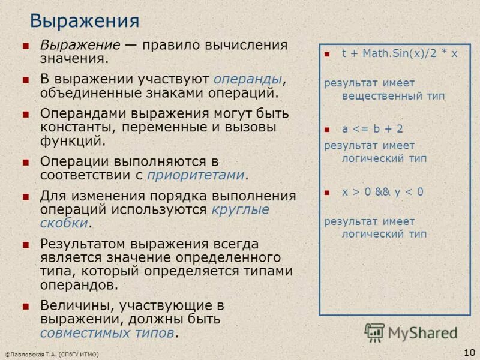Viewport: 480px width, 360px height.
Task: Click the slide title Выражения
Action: pyautogui.click(x=85, y=21)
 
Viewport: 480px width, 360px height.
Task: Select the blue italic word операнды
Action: pyautogui.click(x=248, y=79)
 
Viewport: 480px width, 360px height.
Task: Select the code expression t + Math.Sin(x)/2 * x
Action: pyautogui.click(x=400, y=53)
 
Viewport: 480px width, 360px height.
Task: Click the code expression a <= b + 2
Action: pyautogui.click(x=373, y=128)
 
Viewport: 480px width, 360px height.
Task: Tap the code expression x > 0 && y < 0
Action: pyautogui.click(x=383, y=192)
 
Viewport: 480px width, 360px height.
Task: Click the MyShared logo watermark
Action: pyautogui.click(x=411, y=332)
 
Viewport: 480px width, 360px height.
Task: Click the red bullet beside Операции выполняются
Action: pyautogui.click(x=25, y=162)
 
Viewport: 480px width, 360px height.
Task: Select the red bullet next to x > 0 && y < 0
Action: pyautogui.click(x=327, y=193)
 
